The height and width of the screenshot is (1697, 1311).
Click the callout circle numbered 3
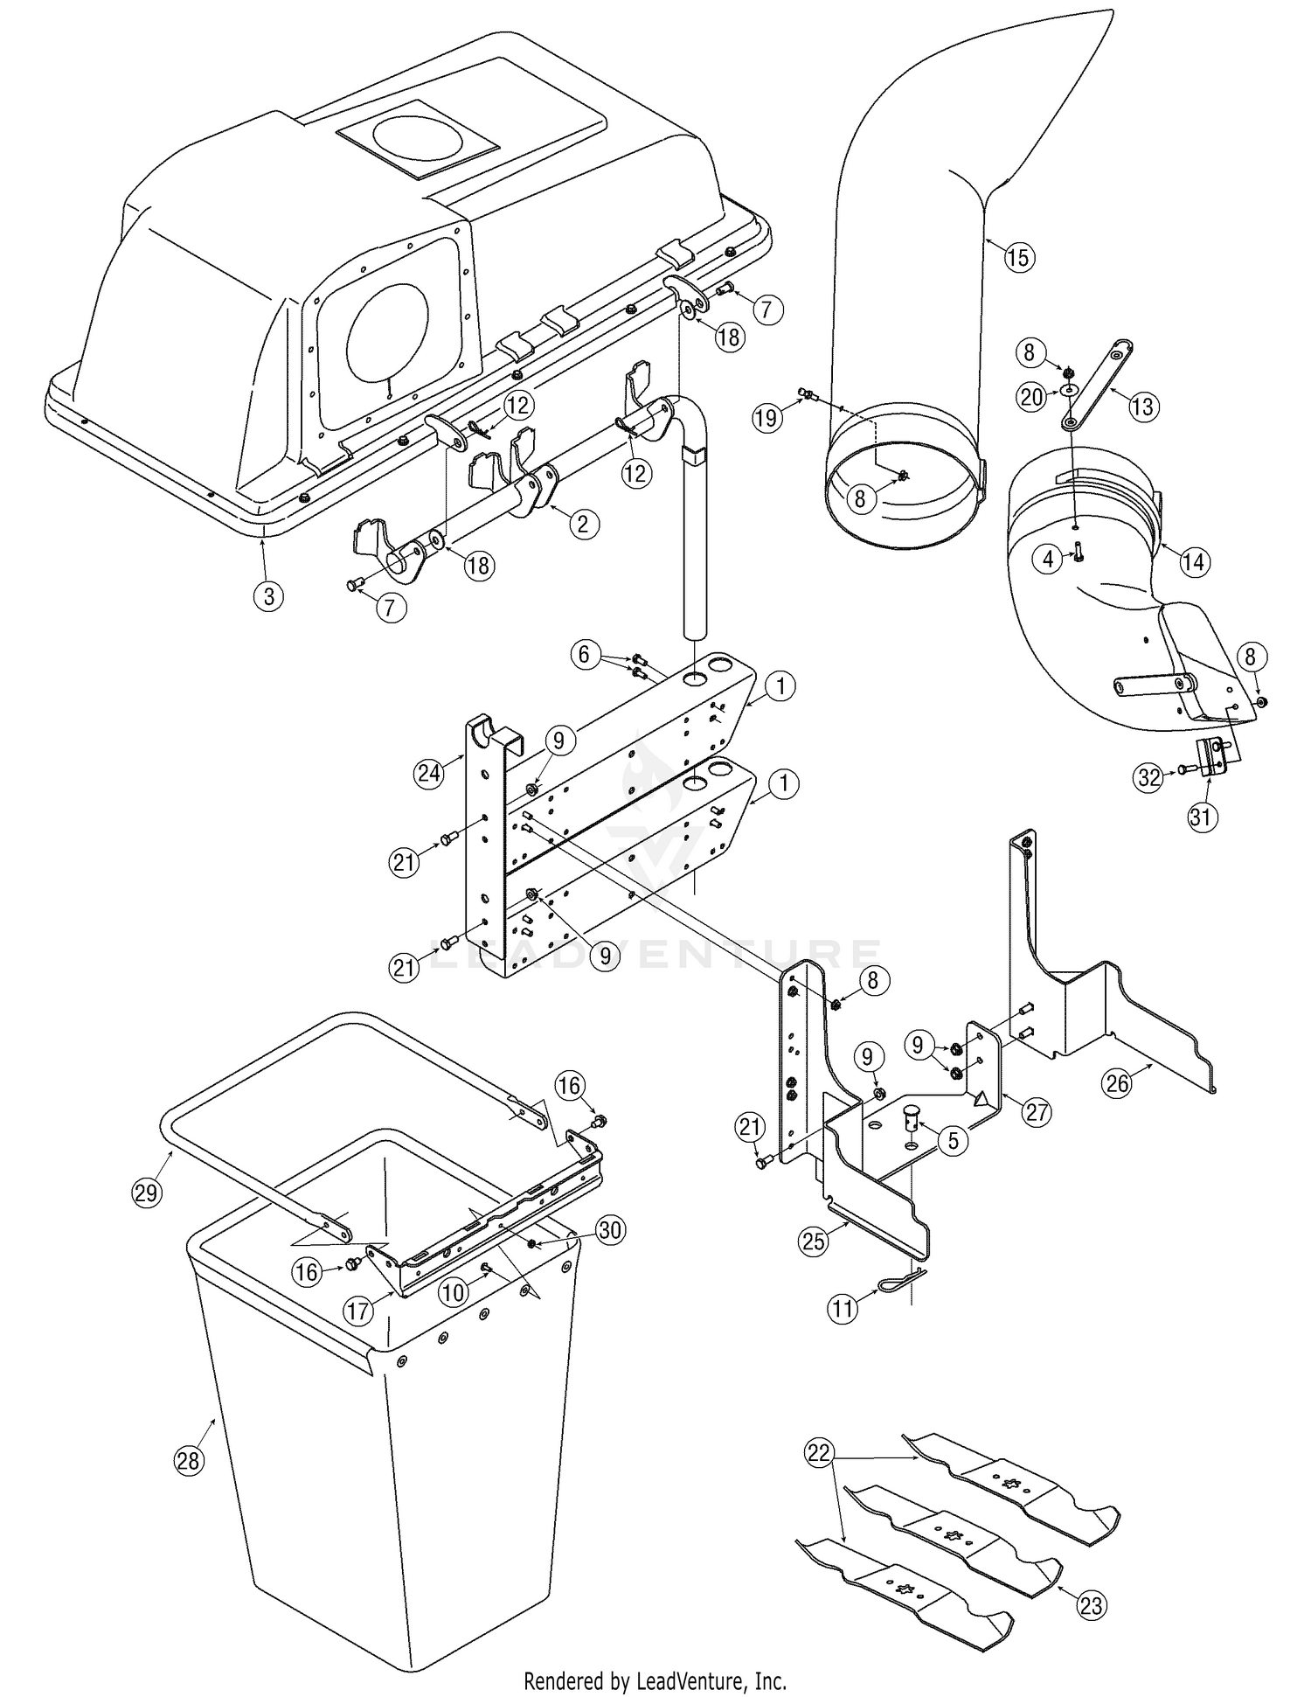pos(268,596)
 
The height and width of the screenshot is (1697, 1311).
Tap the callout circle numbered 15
pos(1019,257)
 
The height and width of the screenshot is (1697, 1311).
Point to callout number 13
pos(1143,406)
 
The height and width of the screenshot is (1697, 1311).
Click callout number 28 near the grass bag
pos(190,1460)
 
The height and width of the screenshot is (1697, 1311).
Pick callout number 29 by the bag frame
pos(148,1193)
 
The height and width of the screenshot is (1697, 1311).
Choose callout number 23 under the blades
pos(1092,1604)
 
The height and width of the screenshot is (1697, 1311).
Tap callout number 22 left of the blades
pos(819,1451)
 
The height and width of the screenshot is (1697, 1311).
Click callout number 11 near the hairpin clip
pos(843,1309)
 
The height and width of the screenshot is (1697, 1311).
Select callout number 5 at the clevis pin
pos(953,1140)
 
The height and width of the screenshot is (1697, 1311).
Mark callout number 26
pos(1118,1083)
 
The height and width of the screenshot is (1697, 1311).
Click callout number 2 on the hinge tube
pos(584,523)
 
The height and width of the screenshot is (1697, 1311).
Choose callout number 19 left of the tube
pos(766,418)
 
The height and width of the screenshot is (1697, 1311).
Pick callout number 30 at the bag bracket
pos(609,1230)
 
